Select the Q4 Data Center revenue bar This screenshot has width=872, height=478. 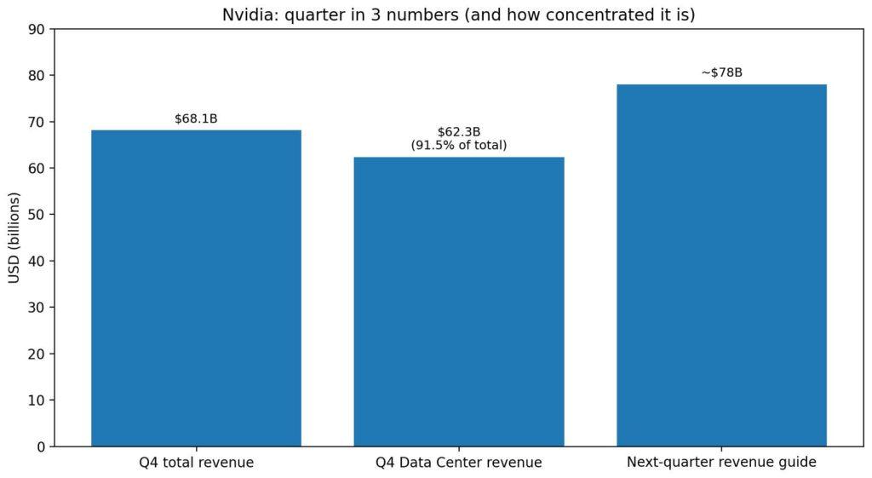(x=458, y=302)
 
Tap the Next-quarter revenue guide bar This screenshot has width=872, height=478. (x=721, y=265)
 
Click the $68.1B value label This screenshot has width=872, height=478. (x=196, y=118)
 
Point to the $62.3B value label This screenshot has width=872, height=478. (x=458, y=132)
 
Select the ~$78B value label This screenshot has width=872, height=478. (x=721, y=72)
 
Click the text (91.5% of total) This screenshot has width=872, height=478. (x=458, y=146)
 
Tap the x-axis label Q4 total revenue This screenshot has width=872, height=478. (x=196, y=463)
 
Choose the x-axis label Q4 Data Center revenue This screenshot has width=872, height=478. (x=458, y=463)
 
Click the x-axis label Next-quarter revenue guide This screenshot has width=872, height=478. (x=721, y=463)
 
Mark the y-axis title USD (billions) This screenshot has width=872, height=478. (x=14, y=238)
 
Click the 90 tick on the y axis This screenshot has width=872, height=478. (x=37, y=29)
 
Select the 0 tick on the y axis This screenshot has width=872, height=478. (x=41, y=446)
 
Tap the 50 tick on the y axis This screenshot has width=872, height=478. (x=37, y=215)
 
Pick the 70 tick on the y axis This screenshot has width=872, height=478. (x=37, y=122)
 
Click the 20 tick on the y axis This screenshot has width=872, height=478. (x=37, y=354)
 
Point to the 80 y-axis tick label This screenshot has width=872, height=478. (x=37, y=75)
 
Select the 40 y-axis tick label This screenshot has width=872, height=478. (x=37, y=261)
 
